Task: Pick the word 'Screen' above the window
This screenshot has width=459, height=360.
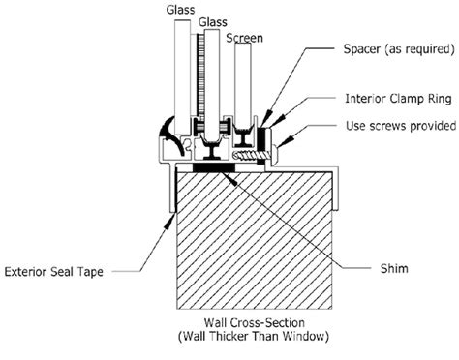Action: (243, 40)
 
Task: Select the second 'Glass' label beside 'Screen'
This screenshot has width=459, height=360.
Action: (214, 19)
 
